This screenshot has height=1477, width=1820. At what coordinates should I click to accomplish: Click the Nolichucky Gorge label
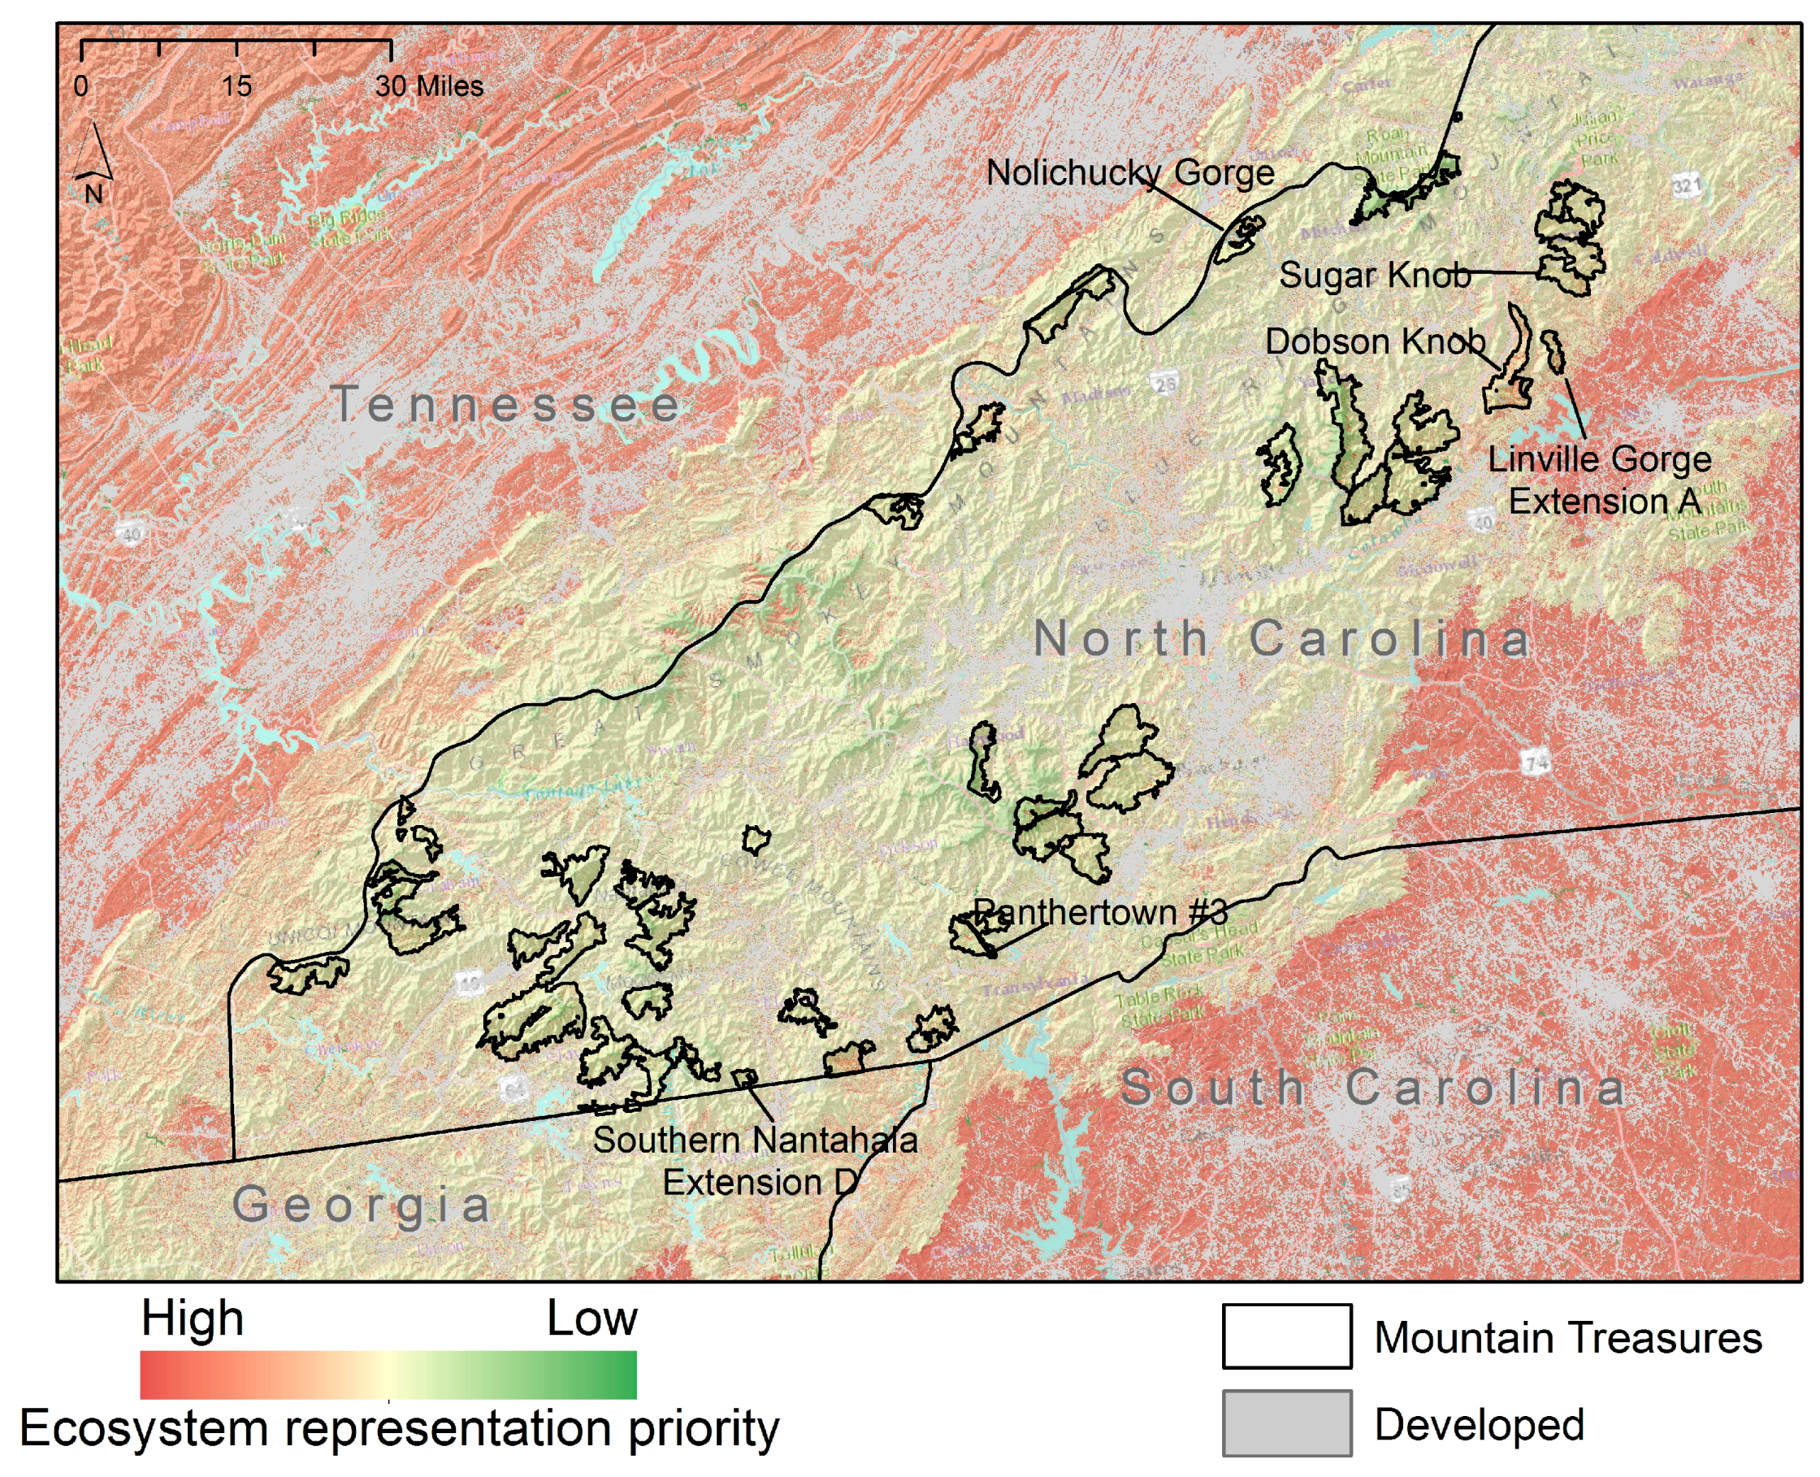(x=1129, y=172)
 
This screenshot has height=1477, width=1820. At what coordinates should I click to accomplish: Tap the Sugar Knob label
(x=1375, y=275)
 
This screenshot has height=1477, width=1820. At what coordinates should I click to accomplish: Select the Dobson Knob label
(x=1375, y=341)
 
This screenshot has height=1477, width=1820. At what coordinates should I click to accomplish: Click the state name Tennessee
(x=507, y=403)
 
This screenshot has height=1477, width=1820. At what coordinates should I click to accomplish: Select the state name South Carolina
(x=1372, y=1088)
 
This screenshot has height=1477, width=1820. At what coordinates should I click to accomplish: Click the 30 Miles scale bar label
(x=430, y=86)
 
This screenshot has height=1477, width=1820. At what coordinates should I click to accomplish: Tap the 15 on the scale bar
(x=236, y=86)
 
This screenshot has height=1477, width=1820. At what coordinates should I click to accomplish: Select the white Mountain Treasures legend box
(x=1286, y=1336)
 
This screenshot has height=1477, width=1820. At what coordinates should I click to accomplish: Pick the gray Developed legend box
(x=1286, y=1423)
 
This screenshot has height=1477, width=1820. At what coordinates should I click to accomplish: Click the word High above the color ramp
(x=193, y=1318)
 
